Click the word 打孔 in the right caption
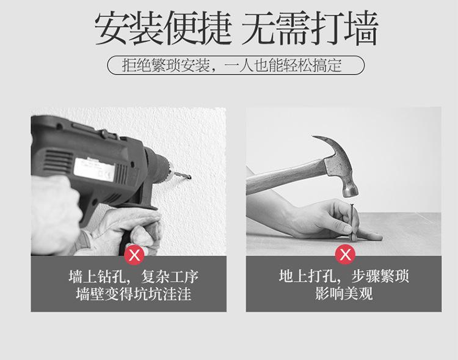319,276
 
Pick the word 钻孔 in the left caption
107,276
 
